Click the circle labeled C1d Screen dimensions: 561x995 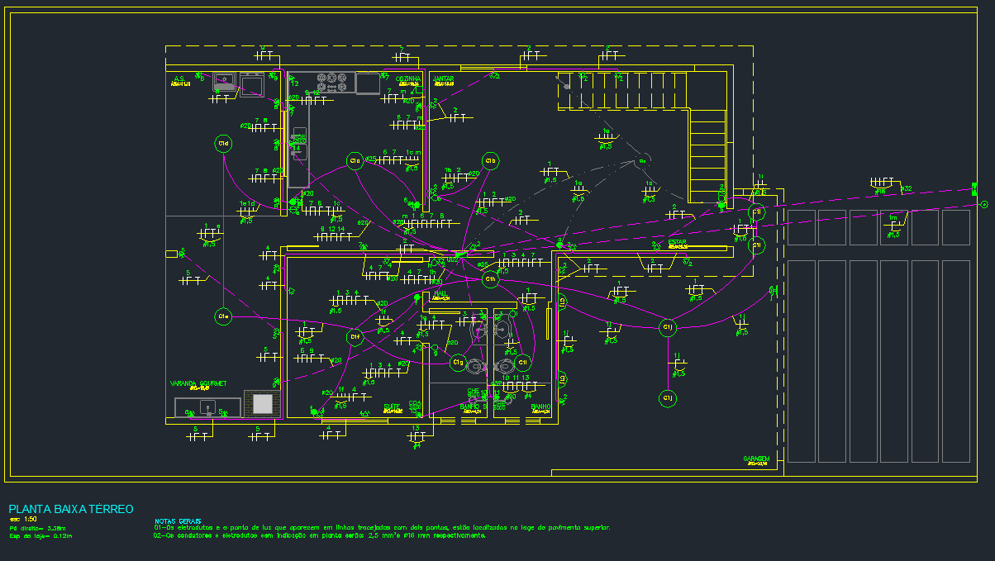click(x=222, y=144)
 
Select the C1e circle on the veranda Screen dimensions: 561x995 click(x=222, y=316)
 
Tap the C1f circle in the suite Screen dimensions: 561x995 click(x=355, y=336)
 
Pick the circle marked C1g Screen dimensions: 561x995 click(x=458, y=362)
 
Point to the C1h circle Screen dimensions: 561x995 click(x=491, y=279)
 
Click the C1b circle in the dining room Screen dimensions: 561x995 click(x=491, y=160)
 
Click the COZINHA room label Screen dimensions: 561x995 click(x=409, y=78)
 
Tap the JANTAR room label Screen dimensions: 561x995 click(x=445, y=78)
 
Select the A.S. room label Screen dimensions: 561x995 click(x=179, y=79)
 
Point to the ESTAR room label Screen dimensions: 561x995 click(x=678, y=242)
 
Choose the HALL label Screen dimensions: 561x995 click(x=440, y=293)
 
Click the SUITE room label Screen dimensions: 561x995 click(x=392, y=406)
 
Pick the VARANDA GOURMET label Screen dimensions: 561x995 click(x=198, y=383)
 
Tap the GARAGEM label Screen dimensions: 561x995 click(x=756, y=459)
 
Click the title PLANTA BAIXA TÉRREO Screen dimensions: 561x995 click(x=70, y=509)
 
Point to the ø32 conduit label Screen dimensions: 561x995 click(x=907, y=189)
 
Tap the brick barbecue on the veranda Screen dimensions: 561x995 click(x=262, y=403)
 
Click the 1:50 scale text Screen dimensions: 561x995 click(x=31, y=519)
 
